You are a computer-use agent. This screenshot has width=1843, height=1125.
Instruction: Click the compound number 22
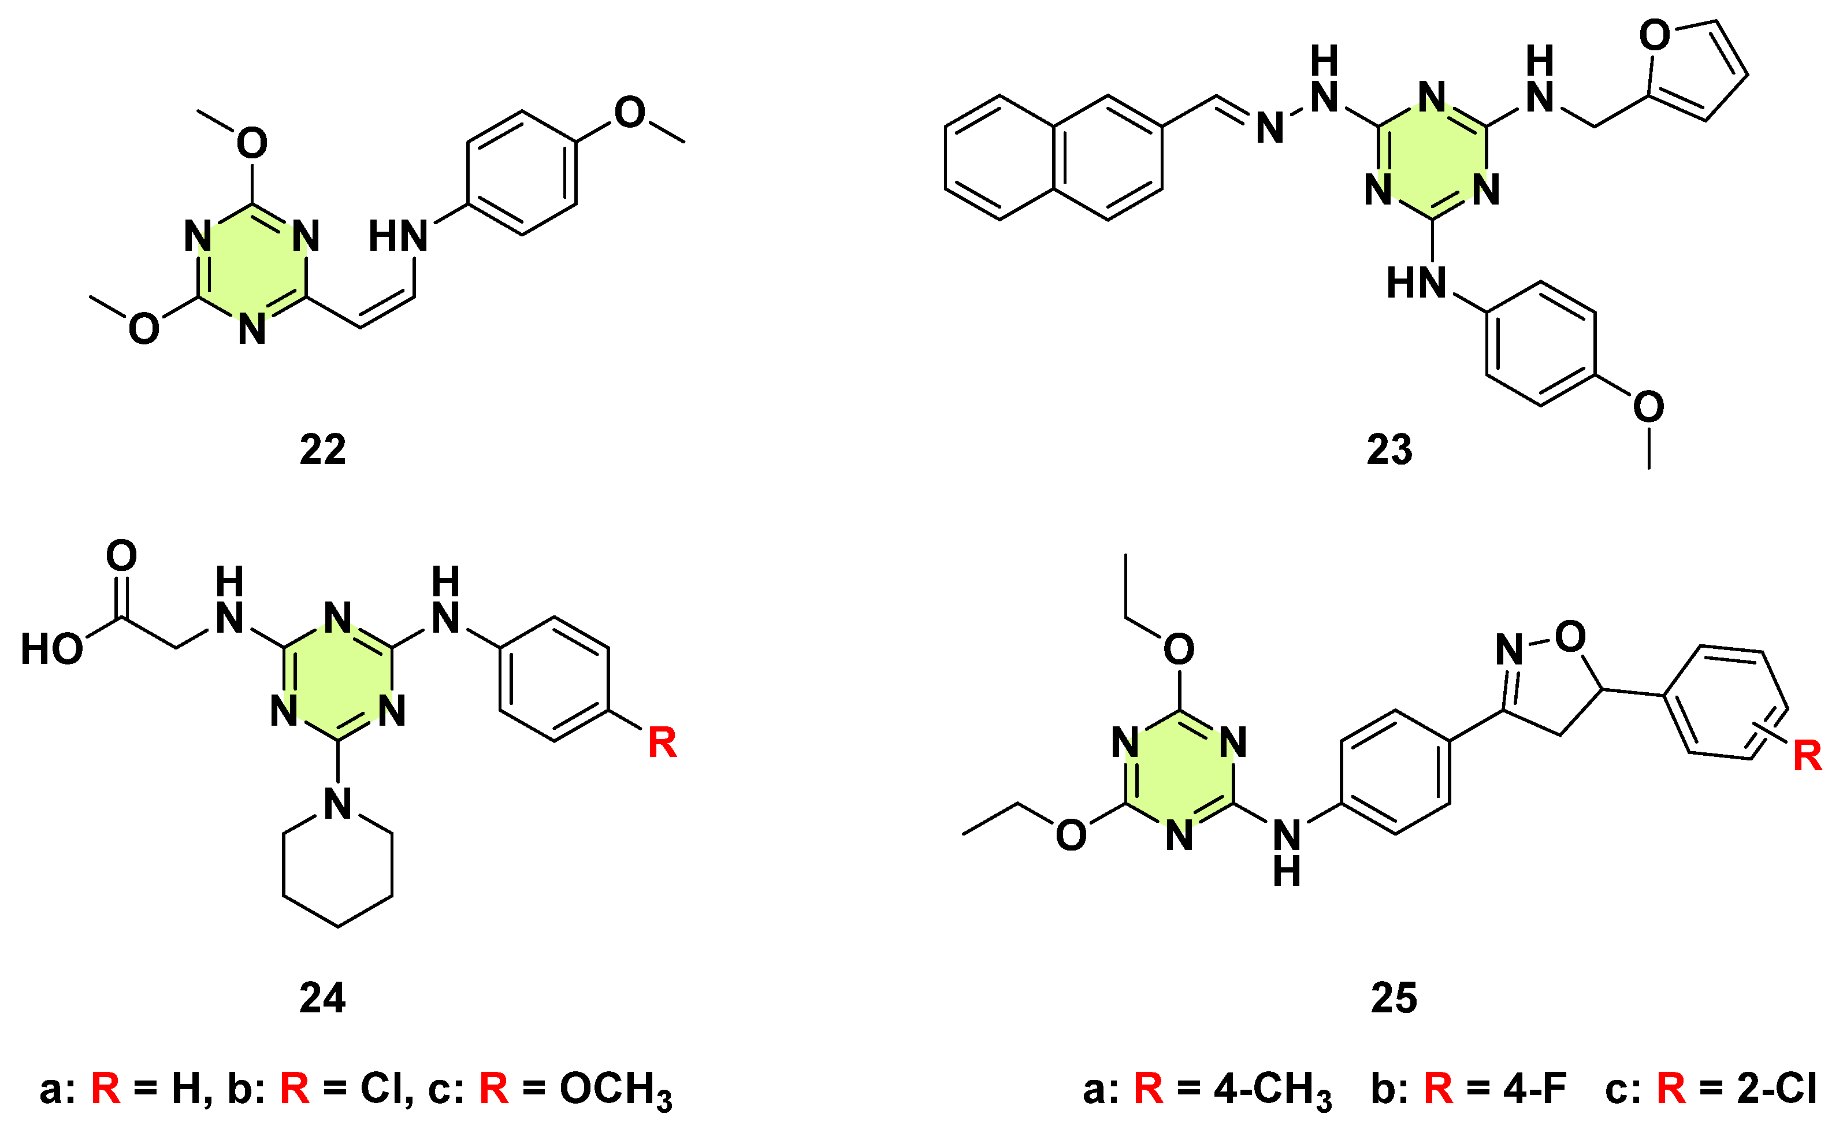click(x=322, y=450)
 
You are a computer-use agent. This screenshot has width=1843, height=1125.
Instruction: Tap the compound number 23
click(x=1389, y=450)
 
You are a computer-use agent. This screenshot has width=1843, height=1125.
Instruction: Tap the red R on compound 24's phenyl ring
click(x=662, y=742)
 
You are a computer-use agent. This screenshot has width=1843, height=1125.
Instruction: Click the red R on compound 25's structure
click(x=1808, y=755)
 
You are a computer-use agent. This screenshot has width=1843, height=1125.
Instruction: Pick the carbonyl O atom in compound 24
click(x=121, y=556)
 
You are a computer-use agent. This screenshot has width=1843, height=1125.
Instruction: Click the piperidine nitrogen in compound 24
click(x=338, y=804)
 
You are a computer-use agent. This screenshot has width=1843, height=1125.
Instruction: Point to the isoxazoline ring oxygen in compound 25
click(x=1570, y=637)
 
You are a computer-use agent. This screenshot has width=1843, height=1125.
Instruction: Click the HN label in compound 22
click(x=398, y=236)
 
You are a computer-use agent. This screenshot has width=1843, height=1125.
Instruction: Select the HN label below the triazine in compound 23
click(x=1416, y=283)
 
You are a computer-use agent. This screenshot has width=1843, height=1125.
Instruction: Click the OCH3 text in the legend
click(x=615, y=1089)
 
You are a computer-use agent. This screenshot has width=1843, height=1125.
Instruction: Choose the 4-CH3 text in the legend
click(x=1272, y=1089)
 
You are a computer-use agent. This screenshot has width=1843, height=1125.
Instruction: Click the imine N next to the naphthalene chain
click(x=1270, y=128)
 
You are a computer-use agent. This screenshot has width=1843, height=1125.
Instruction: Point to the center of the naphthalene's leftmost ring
click(x=999, y=158)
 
